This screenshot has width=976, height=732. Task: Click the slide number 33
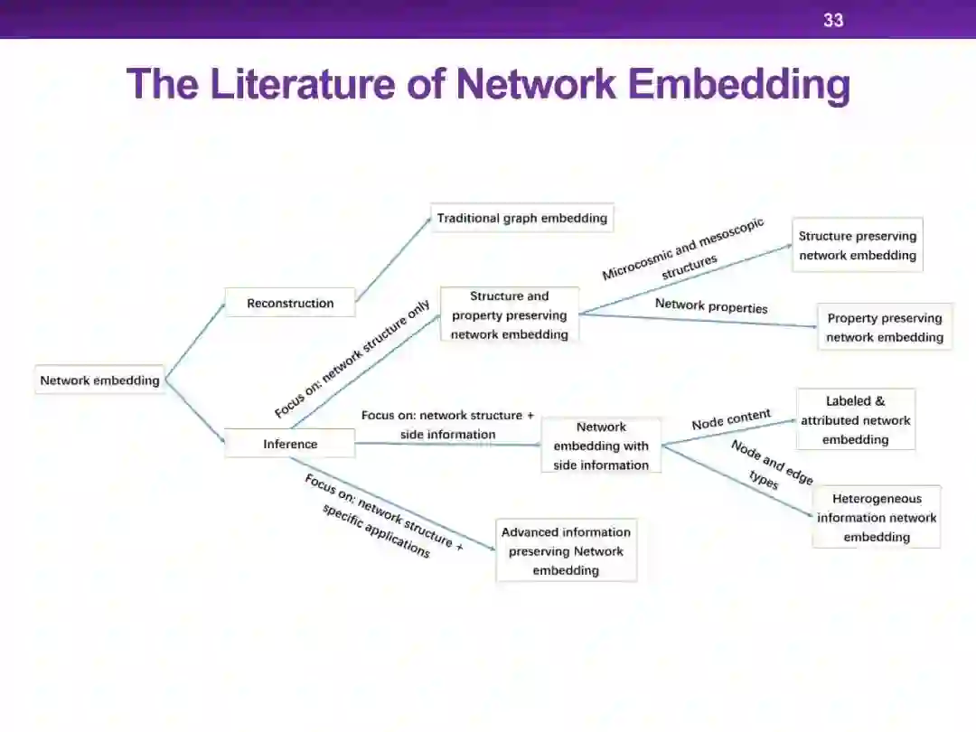click(832, 20)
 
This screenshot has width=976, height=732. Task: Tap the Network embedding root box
click(99, 380)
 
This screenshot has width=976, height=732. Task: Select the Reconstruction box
click(290, 303)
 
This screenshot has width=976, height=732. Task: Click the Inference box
click(290, 444)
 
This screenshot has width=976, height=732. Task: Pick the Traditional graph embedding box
click(521, 218)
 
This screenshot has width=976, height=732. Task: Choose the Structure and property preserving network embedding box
click(510, 314)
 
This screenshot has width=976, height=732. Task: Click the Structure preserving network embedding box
click(857, 245)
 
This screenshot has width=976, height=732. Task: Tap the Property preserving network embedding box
click(884, 327)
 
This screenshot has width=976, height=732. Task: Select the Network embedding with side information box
click(601, 446)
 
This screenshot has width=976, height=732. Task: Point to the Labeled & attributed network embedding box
click(855, 420)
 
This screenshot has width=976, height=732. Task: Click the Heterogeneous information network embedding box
click(877, 517)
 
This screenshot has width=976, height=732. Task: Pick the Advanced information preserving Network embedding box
click(566, 550)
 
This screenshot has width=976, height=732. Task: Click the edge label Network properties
click(711, 305)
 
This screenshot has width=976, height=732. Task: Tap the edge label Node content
click(731, 419)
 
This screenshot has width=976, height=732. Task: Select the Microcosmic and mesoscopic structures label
click(685, 253)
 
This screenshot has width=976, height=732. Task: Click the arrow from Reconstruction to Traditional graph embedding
click(394, 259)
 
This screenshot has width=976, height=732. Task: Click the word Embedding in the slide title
click(738, 84)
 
